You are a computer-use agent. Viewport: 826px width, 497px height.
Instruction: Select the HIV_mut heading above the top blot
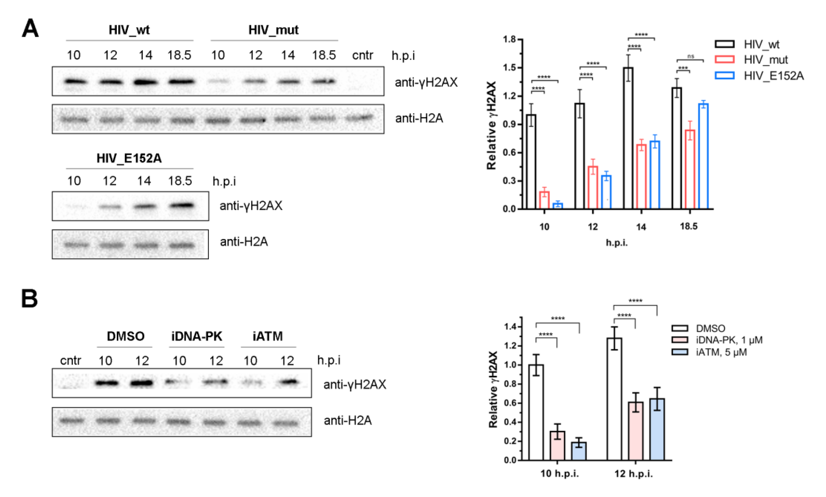coord(273,30)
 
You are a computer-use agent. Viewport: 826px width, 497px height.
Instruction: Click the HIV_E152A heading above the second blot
coord(129,158)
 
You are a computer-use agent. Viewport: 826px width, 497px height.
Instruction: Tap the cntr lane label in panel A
coord(362,55)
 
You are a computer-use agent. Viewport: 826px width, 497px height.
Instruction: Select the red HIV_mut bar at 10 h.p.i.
coord(544,200)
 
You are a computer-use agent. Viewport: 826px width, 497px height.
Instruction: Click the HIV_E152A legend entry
coord(773,76)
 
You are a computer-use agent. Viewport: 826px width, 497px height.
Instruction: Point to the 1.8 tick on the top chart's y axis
coord(509,40)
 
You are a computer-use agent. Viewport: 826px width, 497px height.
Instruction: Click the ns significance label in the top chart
coord(690,56)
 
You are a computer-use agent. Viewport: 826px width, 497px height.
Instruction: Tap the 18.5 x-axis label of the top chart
coord(688,226)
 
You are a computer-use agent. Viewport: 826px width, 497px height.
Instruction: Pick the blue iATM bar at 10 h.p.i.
coord(579,451)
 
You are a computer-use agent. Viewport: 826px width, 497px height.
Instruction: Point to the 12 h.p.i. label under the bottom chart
coord(633,473)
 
